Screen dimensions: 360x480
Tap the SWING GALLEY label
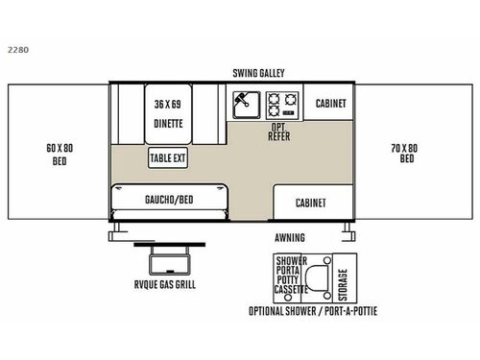(x=258, y=73)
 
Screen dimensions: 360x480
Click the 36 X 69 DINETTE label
(x=168, y=112)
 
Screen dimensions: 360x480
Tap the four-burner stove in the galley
(x=282, y=103)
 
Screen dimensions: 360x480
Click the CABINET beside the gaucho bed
(x=310, y=203)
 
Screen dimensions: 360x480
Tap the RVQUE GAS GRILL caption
(x=165, y=284)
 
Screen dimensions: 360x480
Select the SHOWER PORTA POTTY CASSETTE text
(x=292, y=275)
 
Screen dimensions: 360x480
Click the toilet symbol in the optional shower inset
(x=334, y=276)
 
